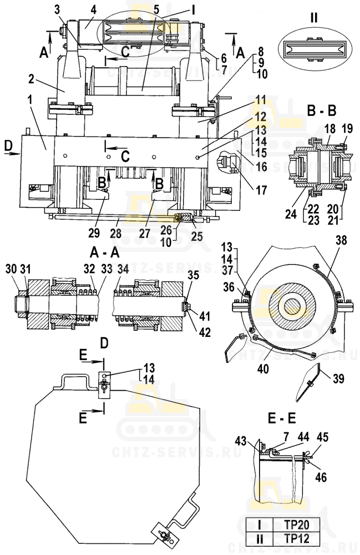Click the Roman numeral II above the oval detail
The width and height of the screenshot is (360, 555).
314,17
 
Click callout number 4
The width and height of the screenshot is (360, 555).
93,9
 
